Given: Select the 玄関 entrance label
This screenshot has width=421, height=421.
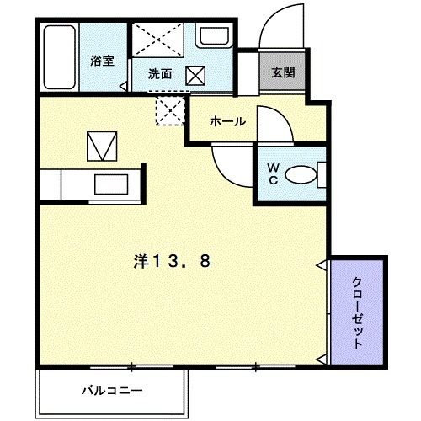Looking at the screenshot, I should point(283,72).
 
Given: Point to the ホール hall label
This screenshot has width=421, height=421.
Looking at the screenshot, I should point(227,121).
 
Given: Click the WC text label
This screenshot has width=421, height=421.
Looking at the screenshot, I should point(274,173).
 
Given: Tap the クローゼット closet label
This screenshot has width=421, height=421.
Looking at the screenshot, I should point(357,313).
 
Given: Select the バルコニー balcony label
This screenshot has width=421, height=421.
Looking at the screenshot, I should point(112,390).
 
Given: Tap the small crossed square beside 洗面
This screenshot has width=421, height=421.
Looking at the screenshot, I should point(195,75).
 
